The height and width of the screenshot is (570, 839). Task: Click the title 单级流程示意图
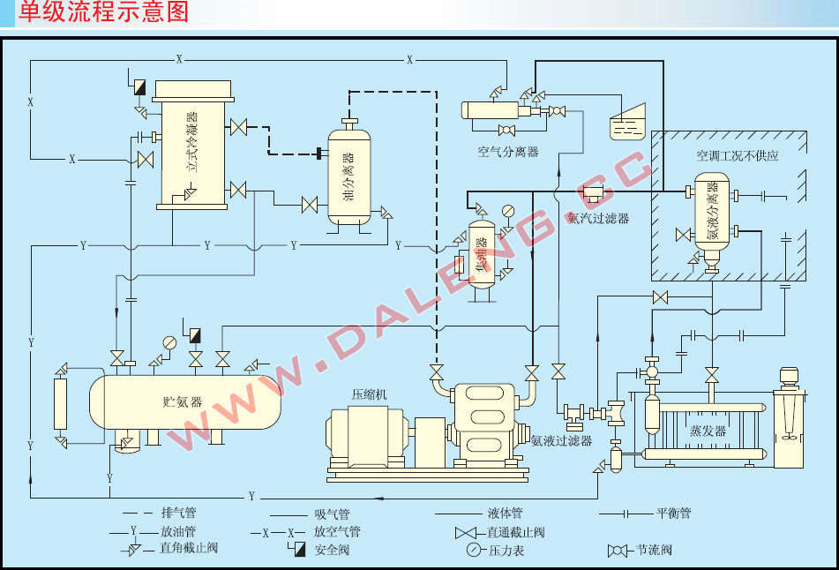[104, 12]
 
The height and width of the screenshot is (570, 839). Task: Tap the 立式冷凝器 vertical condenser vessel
[193, 146]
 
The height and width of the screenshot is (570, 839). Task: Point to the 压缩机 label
[369, 394]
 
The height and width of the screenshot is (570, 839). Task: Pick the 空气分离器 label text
[508, 151]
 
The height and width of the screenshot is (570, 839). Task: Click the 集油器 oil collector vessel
[482, 253]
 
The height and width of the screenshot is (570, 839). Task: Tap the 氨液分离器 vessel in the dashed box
[713, 216]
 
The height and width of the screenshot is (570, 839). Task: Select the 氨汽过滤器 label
[597, 218]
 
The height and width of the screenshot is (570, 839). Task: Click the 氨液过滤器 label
[561, 440]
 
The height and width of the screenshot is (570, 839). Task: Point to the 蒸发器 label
[708, 431]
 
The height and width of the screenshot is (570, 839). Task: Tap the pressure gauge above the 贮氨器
[169, 342]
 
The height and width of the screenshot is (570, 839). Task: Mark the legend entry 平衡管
[673, 513]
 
